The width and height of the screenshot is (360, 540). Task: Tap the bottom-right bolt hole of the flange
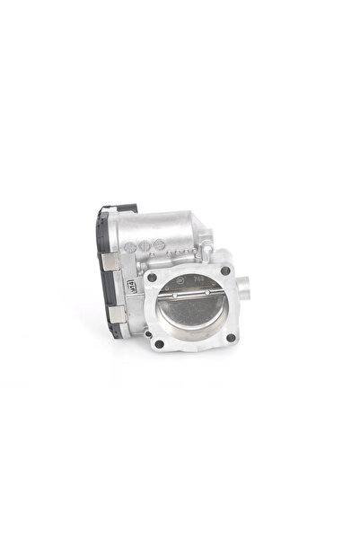(231, 337)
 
